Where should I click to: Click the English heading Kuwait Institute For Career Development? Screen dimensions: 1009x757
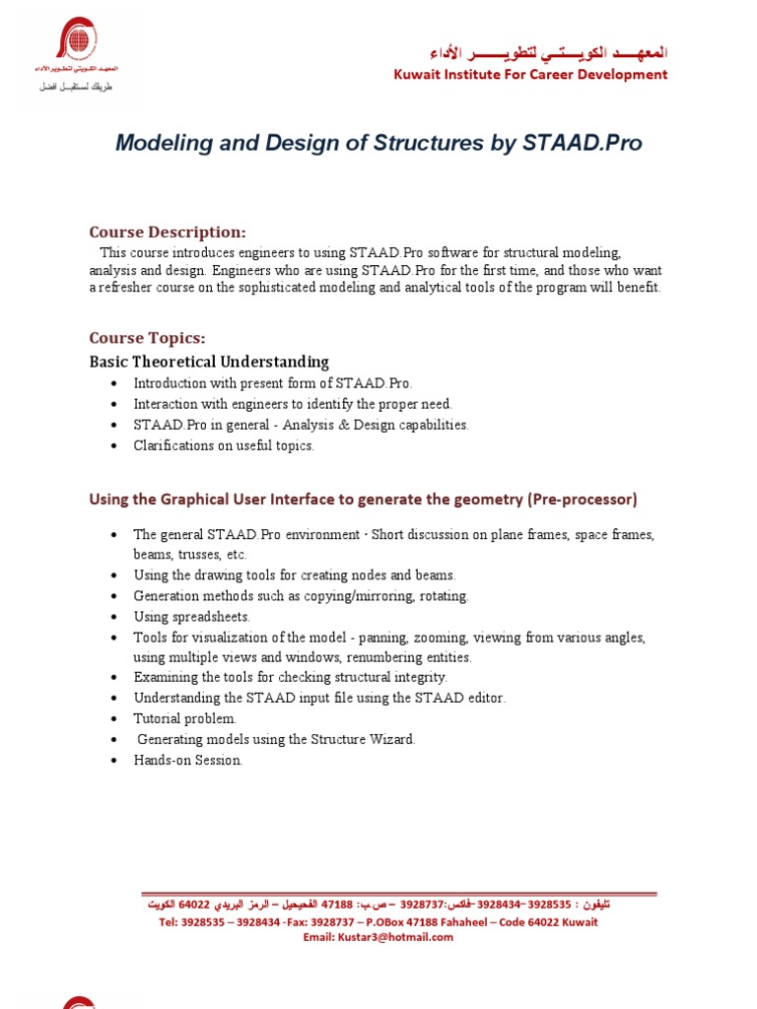(x=530, y=75)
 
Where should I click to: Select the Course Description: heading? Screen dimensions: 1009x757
(x=167, y=233)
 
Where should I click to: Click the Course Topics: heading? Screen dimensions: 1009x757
(x=147, y=338)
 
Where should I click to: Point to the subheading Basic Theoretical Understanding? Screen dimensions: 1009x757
(x=209, y=362)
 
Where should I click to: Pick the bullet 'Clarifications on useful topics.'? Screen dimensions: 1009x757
(x=224, y=445)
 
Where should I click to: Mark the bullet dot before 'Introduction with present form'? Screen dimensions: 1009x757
(x=115, y=383)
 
